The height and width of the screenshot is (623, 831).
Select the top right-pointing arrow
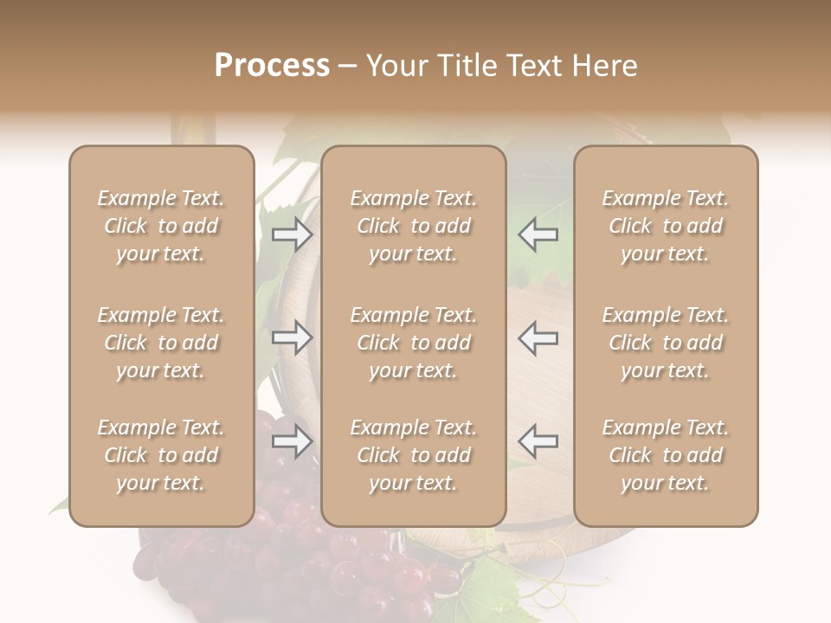293,234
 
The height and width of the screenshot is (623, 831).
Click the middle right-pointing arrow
293,337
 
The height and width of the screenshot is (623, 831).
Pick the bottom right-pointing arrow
293,441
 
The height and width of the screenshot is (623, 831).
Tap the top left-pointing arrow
538,234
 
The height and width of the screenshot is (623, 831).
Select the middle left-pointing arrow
538,337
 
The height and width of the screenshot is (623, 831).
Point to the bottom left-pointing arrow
538,441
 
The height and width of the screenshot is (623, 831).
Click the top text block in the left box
161,226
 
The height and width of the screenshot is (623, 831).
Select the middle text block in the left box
161,343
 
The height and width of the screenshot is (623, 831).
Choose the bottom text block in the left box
161,455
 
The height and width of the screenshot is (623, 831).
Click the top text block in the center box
413,226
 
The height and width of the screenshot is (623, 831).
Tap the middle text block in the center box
413,343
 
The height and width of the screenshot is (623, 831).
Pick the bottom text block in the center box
413,455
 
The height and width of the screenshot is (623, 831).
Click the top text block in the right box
665,226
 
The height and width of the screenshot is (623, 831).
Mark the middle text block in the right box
665,343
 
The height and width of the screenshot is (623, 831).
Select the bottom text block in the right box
665,455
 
